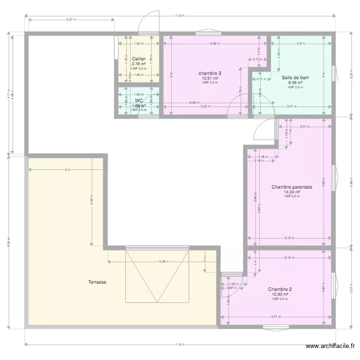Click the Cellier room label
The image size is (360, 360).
tap(139, 59)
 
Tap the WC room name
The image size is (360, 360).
tap(139, 101)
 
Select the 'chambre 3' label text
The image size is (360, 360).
tap(209, 73)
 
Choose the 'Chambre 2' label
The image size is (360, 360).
tap(280, 289)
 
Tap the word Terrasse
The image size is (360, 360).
tap(97, 282)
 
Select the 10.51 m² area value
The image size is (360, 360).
tap(210, 78)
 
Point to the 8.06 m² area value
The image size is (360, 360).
tap(295, 83)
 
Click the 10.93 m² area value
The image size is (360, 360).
tap(280, 294)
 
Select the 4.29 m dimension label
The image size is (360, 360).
tap(164, 262)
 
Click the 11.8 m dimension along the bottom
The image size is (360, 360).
tap(179, 344)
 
